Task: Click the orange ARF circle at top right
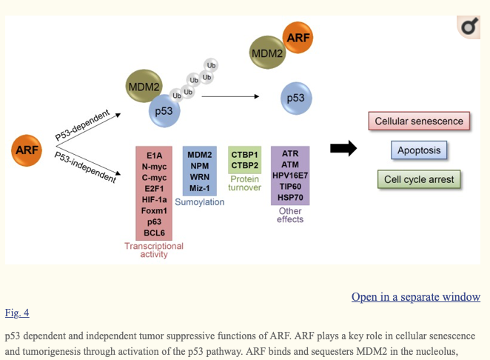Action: [x=298, y=38]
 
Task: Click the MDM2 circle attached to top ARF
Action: [x=267, y=54]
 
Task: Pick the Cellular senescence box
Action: [x=419, y=121]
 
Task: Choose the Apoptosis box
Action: [x=419, y=150]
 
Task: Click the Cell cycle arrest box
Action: [x=419, y=179]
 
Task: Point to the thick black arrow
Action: [x=343, y=149]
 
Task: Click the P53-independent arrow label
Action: [x=85, y=167]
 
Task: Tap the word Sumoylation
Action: [x=200, y=202]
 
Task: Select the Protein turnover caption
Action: [x=245, y=183]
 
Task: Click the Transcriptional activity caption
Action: [x=154, y=250]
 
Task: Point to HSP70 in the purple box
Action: [x=290, y=199]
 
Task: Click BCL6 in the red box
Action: [x=154, y=233]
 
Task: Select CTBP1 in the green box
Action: [x=244, y=154]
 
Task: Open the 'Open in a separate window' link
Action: [x=416, y=297]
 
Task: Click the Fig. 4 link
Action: [x=16, y=313]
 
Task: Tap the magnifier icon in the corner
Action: [x=469, y=28]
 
